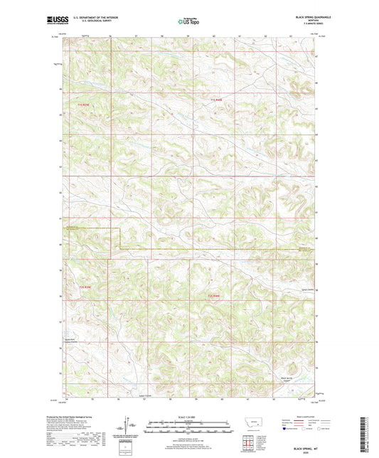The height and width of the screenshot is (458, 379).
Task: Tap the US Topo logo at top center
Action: click(x=188, y=21)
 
